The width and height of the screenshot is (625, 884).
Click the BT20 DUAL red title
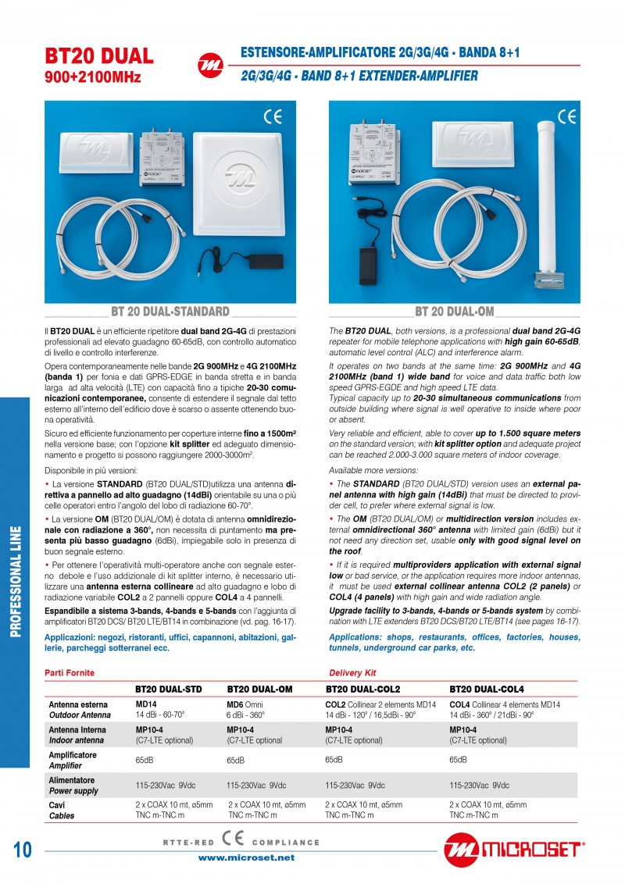pos(99,56)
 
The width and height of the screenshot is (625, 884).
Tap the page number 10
pos(22,850)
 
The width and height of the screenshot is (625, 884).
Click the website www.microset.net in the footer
pos(246,857)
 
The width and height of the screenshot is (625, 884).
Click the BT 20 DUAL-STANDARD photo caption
pos(170,312)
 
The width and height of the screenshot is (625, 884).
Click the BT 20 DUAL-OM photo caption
pos(454,312)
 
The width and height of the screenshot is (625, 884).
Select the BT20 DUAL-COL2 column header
pos(362,689)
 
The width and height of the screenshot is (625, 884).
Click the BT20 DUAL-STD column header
pos(168,689)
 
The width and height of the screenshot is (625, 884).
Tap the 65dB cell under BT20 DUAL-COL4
pos(458,759)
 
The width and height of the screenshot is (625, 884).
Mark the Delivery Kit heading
pos(352,672)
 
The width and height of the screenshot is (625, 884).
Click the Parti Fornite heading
pos(70,672)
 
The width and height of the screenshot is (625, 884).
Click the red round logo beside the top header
pos(209,64)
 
